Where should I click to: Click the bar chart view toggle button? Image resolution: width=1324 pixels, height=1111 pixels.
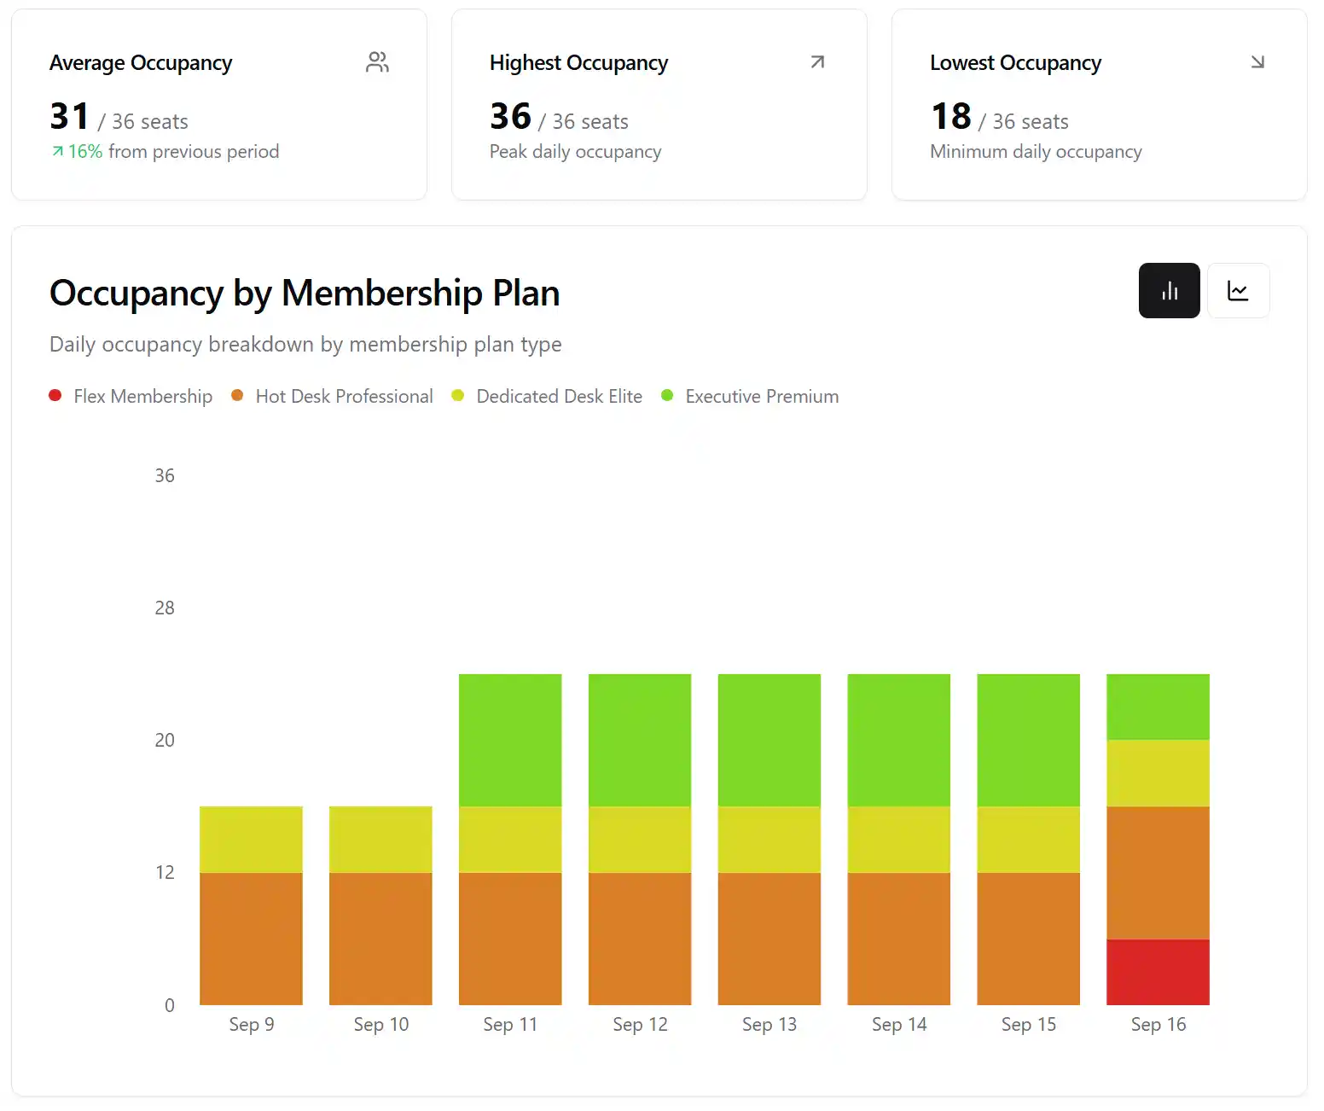(x=1169, y=291)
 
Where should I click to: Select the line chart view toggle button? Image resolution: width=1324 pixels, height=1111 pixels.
(x=1238, y=291)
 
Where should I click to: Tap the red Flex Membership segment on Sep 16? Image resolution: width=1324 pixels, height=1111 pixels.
(x=1158, y=972)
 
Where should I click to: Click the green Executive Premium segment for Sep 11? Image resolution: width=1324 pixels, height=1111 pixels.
(x=510, y=740)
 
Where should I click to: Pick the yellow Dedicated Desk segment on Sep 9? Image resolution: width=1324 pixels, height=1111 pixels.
(x=251, y=839)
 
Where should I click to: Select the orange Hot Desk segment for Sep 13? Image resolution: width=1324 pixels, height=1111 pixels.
(x=769, y=938)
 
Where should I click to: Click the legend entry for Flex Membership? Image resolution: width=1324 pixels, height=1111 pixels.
(x=142, y=397)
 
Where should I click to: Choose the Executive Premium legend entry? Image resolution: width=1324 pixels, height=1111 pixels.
(x=761, y=397)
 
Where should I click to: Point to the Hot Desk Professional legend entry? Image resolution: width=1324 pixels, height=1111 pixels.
(x=343, y=397)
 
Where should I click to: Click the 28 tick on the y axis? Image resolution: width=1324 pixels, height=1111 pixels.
(x=165, y=608)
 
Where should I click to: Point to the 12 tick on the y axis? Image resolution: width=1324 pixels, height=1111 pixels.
(x=165, y=873)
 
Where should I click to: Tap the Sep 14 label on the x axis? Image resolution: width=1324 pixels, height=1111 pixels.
(x=898, y=1025)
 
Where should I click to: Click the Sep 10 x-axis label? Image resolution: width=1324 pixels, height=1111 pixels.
(x=380, y=1025)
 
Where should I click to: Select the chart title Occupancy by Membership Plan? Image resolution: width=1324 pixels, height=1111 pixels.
(x=305, y=294)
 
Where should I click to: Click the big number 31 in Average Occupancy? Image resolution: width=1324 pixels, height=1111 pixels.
(x=70, y=117)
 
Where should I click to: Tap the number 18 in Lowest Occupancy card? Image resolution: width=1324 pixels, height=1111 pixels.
(x=950, y=117)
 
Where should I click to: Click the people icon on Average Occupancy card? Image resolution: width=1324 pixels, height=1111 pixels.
(x=377, y=62)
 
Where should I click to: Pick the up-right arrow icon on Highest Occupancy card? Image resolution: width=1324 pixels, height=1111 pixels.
(x=817, y=62)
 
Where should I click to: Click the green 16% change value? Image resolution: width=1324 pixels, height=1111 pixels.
(x=84, y=152)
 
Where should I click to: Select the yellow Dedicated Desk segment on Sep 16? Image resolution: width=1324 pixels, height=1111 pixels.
(x=1158, y=773)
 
